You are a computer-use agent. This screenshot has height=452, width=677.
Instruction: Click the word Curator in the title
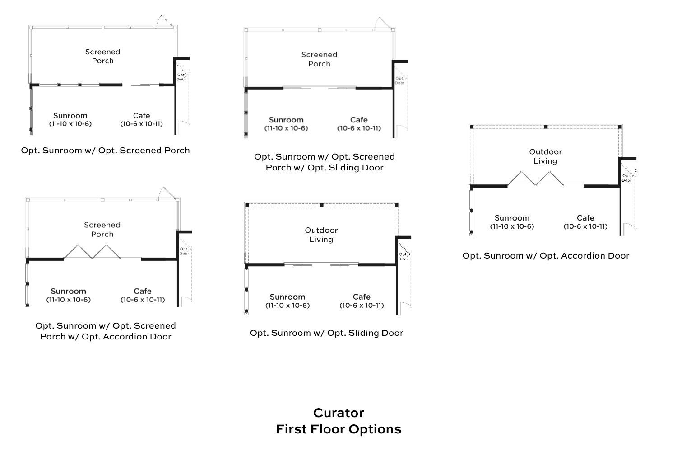(x=338, y=413)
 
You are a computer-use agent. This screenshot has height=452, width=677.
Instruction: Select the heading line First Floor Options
(x=338, y=429)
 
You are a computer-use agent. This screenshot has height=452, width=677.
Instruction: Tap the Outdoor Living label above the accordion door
(x=545, y=156)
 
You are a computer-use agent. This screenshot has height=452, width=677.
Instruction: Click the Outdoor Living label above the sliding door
(x=321, y=235)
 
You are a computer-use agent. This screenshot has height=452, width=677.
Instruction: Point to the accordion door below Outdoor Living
(x=536, y=179)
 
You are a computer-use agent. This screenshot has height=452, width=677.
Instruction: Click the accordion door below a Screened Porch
(x=92, y=252)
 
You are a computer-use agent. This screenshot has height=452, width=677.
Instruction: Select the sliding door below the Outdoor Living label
(x=321, y=264)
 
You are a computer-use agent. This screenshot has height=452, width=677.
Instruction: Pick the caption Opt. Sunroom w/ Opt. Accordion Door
(x=545, y=256)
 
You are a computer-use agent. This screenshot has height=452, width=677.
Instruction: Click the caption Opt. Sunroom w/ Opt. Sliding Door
(x=326, y=333)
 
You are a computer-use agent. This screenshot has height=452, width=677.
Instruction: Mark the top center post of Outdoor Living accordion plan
(x=546, y=127)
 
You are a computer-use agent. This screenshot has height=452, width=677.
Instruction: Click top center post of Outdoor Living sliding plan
(x=322, y=205)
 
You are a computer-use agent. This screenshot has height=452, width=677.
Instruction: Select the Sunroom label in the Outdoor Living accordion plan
(x=512, y=218)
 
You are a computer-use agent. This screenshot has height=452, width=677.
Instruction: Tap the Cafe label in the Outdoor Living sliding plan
(x=362, y=297)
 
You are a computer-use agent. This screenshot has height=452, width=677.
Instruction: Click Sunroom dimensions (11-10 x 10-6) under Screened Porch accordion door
(x=68, y=300)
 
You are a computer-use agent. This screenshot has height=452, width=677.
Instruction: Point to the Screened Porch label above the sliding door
(x=319, y=59)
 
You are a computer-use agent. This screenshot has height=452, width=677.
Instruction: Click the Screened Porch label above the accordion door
(x=102, y=230)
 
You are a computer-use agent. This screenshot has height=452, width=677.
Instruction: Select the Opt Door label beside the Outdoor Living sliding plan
(x=403, y=257)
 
